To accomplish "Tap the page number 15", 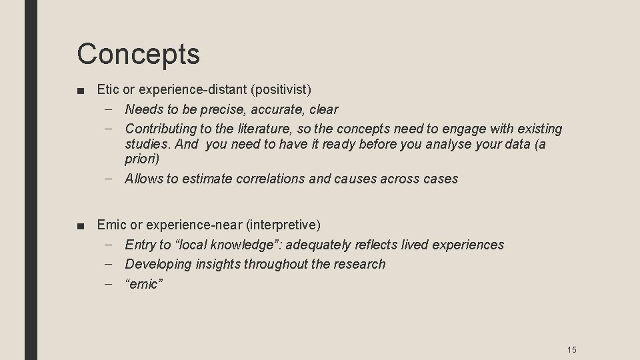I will click(571, 349).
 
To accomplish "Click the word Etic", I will click(107, 89).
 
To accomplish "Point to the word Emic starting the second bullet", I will click(109, 225).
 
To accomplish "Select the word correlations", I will click(269, 179).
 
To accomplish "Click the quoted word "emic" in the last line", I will click(144, 284).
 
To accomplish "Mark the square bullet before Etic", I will click(80, 89).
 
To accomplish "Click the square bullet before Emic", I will click(80, 225).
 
